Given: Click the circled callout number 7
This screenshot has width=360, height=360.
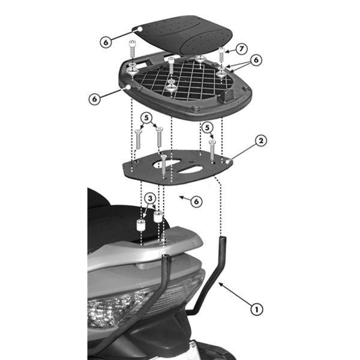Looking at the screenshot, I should pos(241,48).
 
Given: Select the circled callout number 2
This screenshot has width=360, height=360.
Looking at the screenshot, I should pos(261,141).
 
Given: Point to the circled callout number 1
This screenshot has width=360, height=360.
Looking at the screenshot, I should pos(256,310).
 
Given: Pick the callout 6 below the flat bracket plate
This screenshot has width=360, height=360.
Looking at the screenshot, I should pos(196,202).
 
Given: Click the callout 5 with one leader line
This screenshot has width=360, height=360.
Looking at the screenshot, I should pos(207,127).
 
